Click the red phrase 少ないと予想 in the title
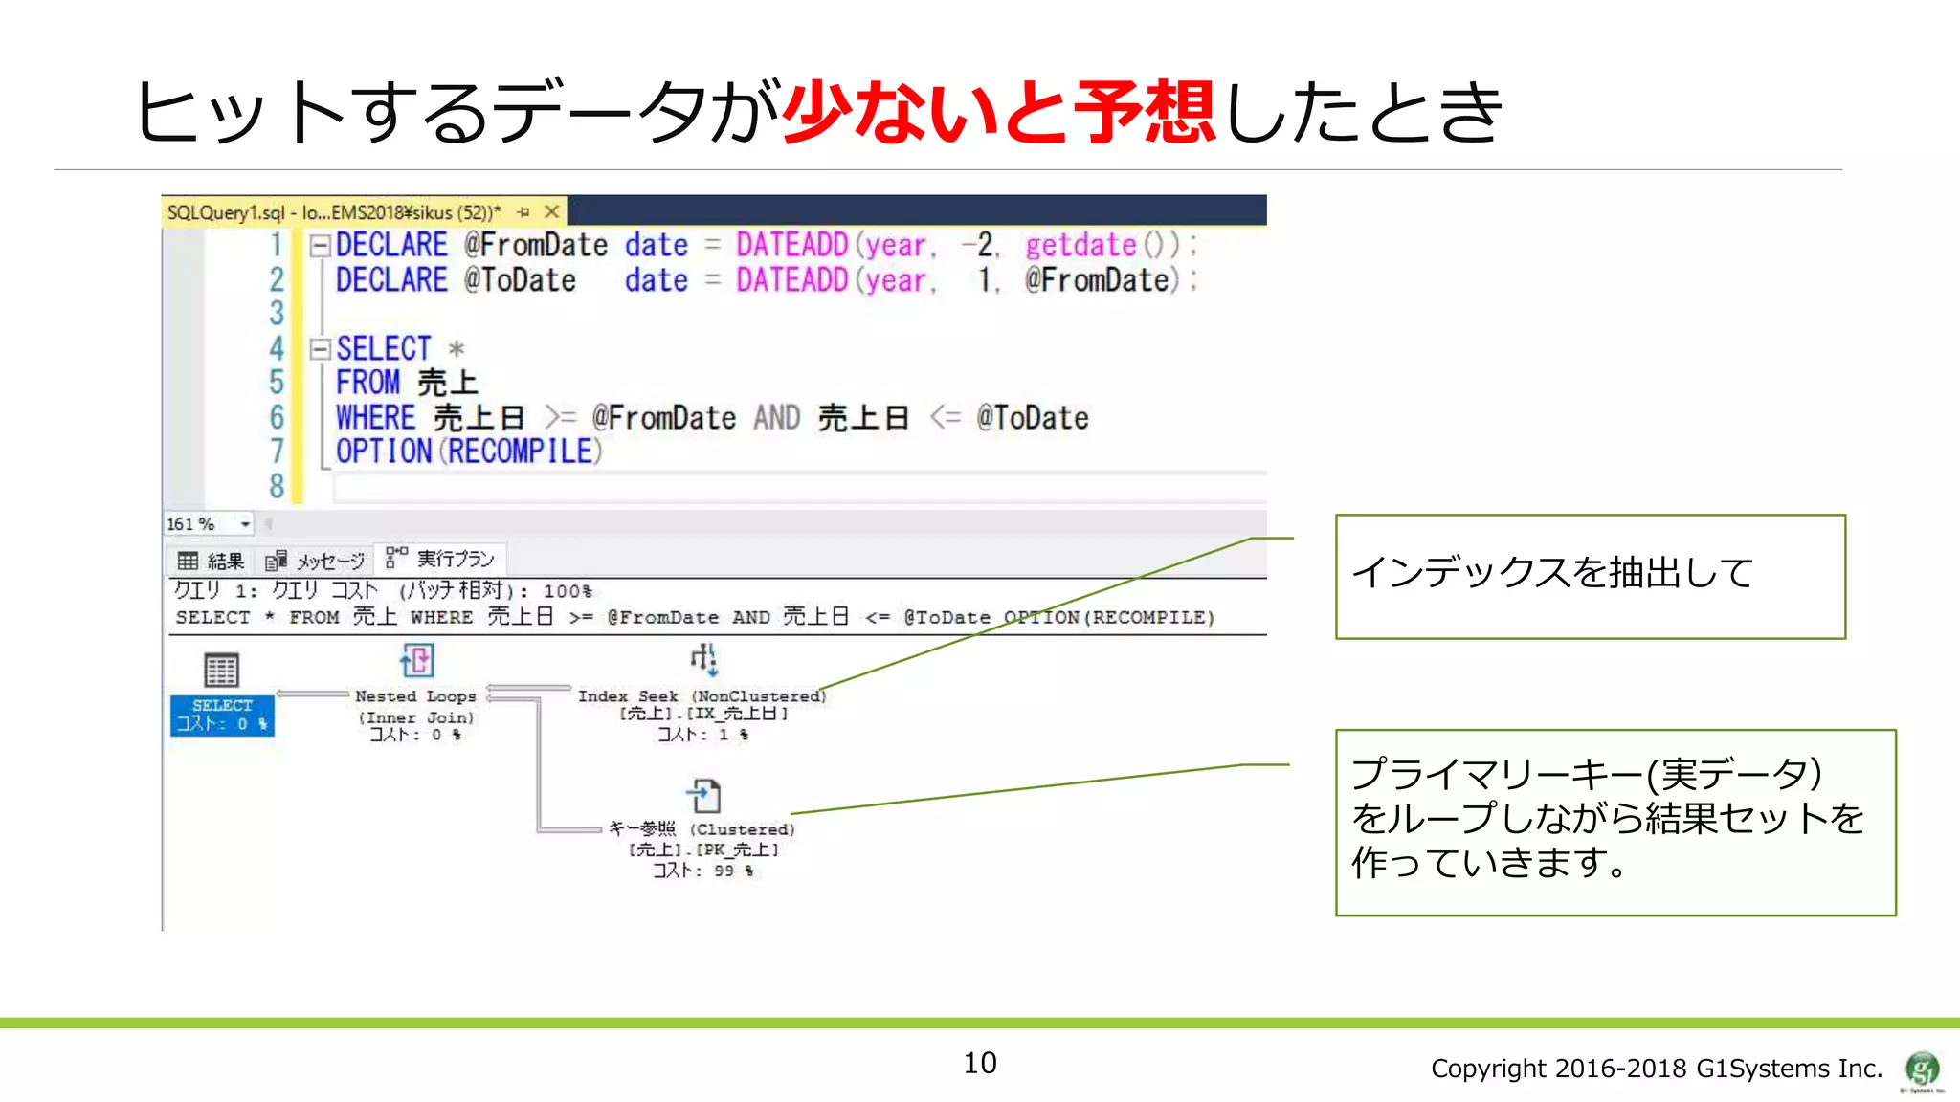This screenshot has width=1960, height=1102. pos(999,113)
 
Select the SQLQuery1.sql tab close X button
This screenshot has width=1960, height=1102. pos(551,211)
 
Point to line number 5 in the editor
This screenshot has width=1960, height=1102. pos(277,383)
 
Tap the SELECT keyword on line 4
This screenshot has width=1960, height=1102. pos(383,348)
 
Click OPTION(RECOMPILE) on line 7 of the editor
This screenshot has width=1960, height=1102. pos(468,452)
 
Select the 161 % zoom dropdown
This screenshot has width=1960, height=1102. pos(209,524)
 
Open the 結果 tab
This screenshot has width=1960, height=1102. pos(212,561)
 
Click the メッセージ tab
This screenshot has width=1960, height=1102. pos(316,561)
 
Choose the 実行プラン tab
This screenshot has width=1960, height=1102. pos(441,559)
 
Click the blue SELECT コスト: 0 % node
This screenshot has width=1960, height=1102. pos(222,715)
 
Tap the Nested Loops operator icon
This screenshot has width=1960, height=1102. pos(416,660)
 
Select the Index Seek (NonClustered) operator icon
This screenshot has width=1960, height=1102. pos(703,659)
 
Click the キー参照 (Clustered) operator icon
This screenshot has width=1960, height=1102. pos(704,795)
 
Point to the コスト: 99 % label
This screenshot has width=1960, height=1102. pos(702,871)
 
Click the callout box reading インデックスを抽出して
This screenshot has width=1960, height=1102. pos(1590,576)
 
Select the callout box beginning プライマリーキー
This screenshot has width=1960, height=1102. pos(1615,822)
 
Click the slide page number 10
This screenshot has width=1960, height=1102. pos(979,1063)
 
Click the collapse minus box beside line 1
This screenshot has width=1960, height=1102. pos(321,246)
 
